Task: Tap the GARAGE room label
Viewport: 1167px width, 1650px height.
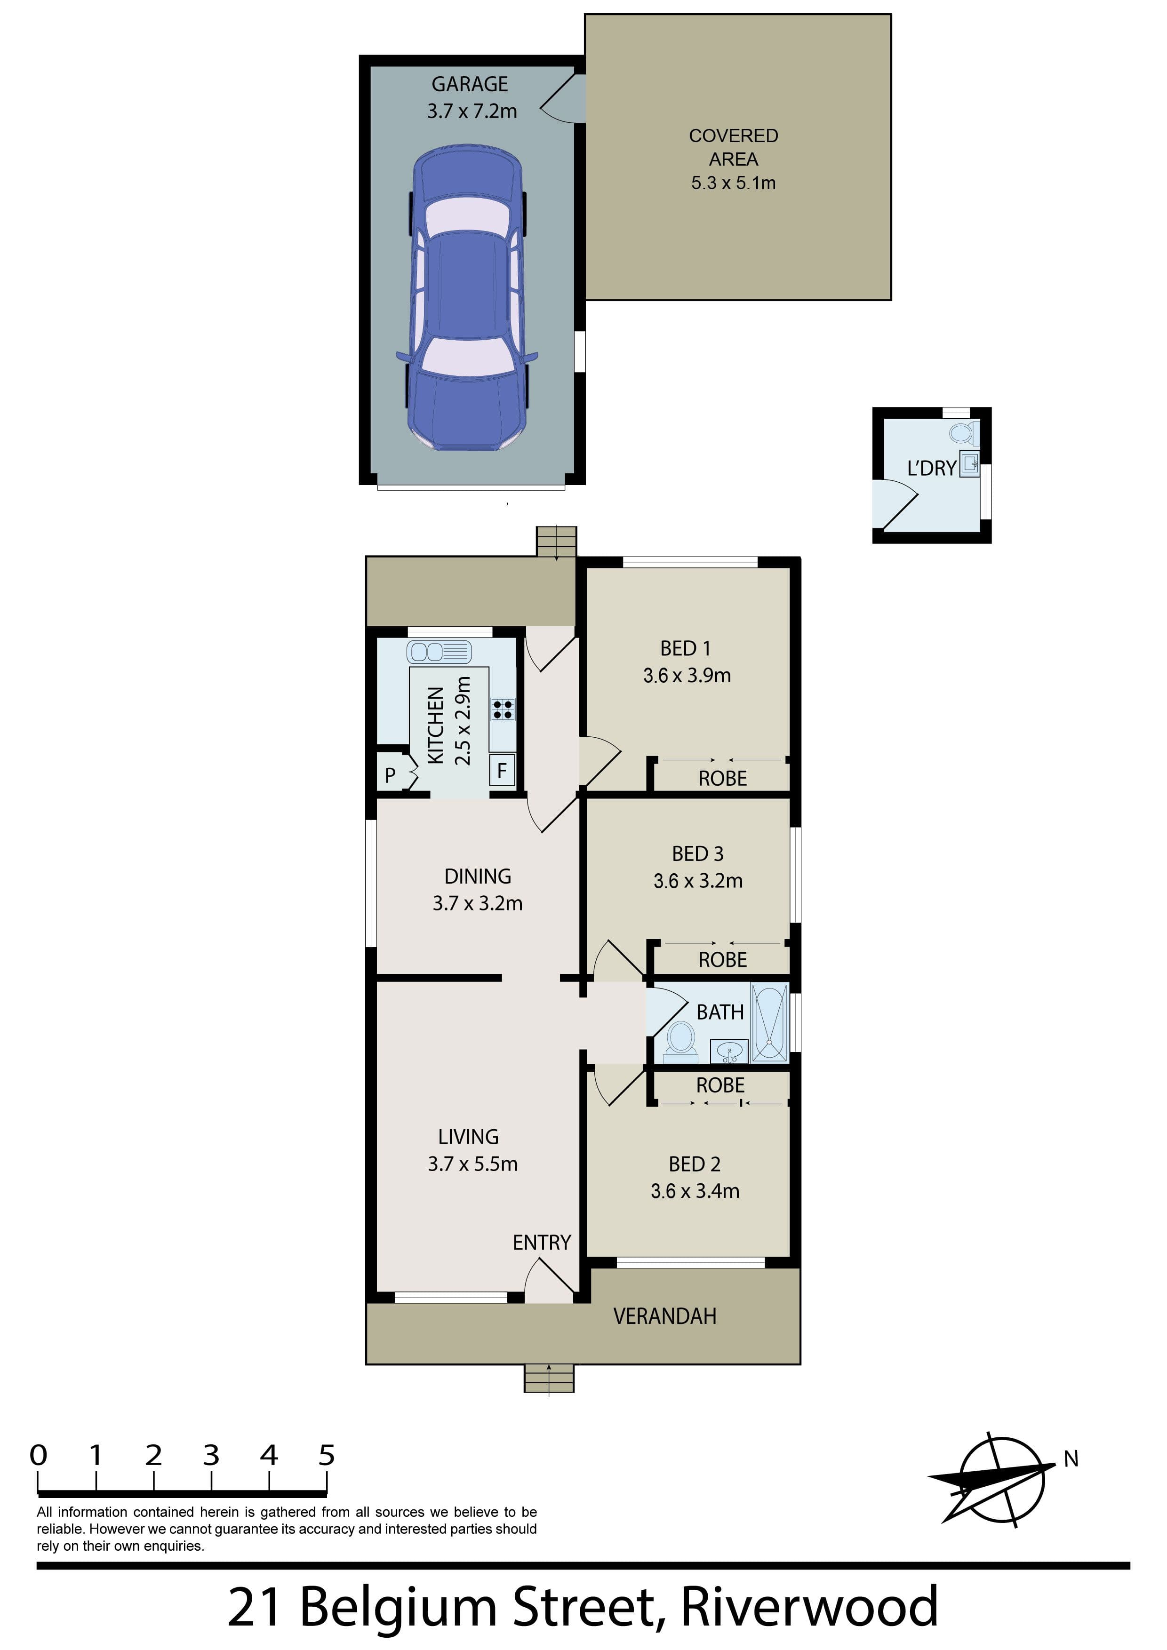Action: tap(470, 84)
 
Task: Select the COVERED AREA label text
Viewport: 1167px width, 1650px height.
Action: tap(733, 147)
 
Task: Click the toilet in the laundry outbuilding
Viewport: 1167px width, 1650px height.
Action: tap(962, 433)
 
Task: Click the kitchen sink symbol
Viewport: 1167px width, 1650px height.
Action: tap(439, 652)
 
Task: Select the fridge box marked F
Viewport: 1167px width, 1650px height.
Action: tap(502, 770)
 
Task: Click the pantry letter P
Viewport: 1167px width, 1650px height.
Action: tap(390, 775)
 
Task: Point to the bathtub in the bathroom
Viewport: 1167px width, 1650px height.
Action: tap(770, 1023)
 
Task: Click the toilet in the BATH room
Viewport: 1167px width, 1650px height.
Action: tap(680, 1043)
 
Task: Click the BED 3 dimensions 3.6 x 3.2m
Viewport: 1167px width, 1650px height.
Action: tap(698, 881)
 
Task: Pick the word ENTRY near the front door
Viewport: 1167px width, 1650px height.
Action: tap(542, 1243)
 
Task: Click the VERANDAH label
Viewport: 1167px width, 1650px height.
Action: tap(665, 1316)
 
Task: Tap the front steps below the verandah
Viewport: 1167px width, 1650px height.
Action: tap(549, 1378)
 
